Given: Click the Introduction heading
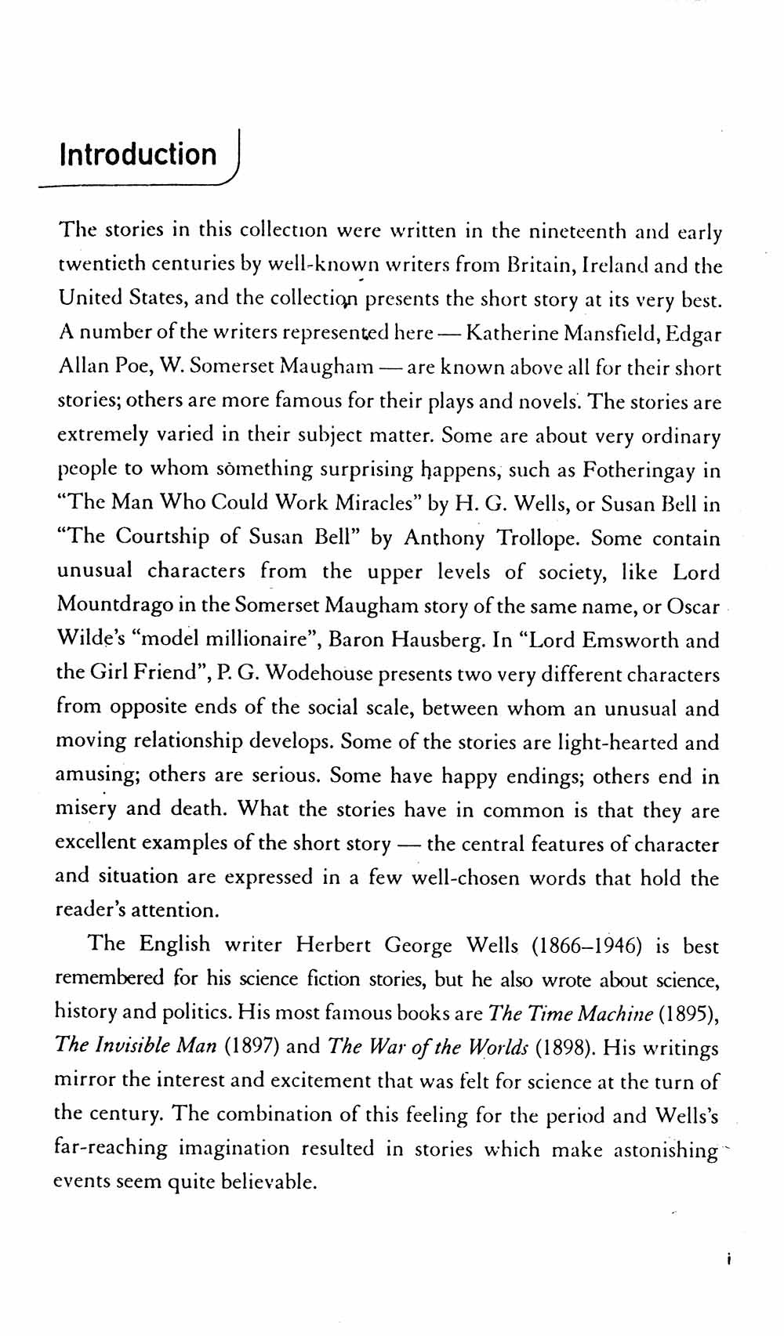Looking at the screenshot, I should (138, 154).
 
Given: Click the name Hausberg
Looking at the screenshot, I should (423, 639).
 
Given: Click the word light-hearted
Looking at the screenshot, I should (614, 741).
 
